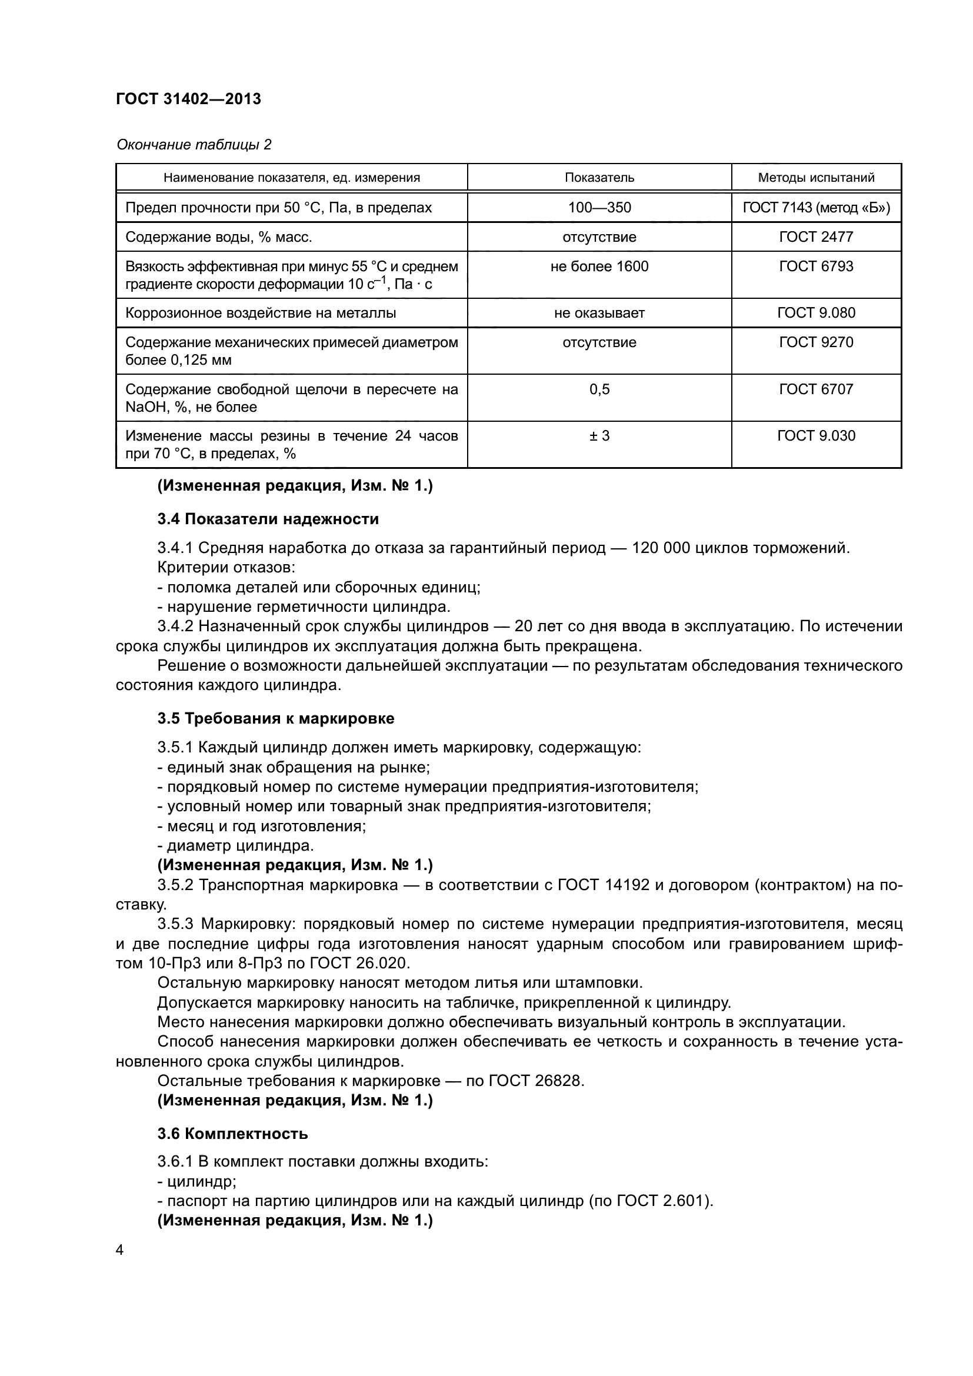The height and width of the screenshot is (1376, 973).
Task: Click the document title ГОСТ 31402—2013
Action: (x=188, y=99)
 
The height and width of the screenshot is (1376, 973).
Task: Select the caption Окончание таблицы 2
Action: (x=194, y=145)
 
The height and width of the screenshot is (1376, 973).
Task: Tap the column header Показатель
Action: (x=599, y=178)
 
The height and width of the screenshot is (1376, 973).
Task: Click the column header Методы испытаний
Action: (x=816, y=178)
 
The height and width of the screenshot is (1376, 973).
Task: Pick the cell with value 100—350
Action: (x=599, y=207)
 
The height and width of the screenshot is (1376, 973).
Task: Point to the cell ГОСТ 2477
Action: (x=816, y=236)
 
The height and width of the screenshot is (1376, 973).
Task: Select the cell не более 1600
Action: (x=599, y=266)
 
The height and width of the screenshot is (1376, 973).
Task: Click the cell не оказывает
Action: (x=599, y=313)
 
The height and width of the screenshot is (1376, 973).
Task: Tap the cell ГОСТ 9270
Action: (x=816, y=342)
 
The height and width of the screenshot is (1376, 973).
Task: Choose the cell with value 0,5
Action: (x=599, y=389)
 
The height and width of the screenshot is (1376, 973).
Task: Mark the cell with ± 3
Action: (x=599, y=436)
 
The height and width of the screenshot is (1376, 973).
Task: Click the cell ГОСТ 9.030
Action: (x=816, y=436)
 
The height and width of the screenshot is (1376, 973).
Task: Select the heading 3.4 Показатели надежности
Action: (x=268, y=519)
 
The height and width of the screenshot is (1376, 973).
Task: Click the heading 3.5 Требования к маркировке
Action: (x=275, y=718)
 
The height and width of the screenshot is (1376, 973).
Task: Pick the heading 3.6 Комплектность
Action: (x=232, y=1134)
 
